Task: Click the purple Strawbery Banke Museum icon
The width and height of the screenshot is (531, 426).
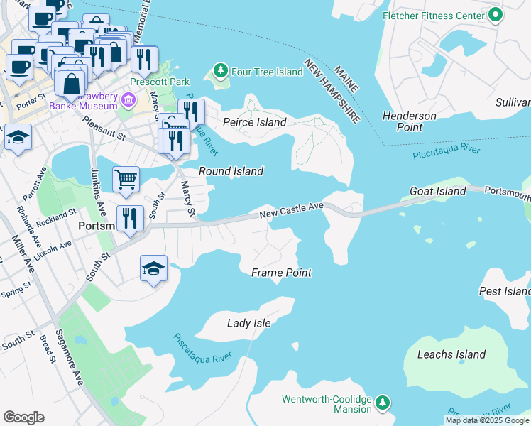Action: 128,99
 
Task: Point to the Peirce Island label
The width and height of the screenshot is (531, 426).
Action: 254,122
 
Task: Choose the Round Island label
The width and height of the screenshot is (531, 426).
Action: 231,171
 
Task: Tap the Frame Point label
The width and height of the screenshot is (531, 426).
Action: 281,273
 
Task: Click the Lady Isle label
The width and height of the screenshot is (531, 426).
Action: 248,323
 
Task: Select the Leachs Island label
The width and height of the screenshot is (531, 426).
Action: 451,354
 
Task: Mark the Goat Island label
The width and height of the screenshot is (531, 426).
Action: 438,191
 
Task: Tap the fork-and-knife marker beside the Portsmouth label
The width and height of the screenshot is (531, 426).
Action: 128,218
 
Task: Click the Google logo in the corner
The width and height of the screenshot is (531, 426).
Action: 23,417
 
